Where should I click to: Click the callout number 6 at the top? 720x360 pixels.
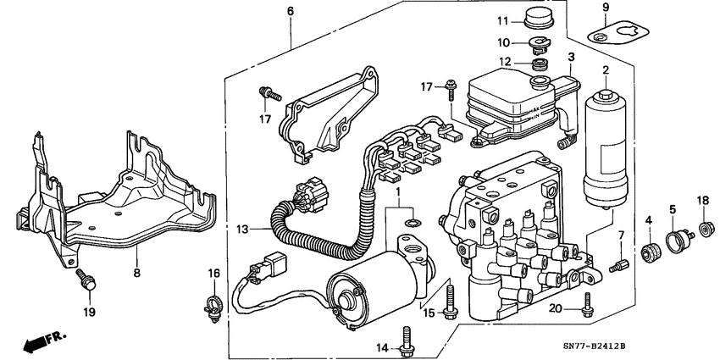pyautogui.click(x=291, y=11)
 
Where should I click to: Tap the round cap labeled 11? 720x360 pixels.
pyautogui.click(x=535, y=19)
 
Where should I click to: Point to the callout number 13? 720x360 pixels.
pyautogui.click(x=244, y=229)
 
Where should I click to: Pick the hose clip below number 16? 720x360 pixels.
pyautogui.click(x=213, y=303)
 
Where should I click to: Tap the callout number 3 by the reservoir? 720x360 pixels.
pyautogui.click(x=571, y=57)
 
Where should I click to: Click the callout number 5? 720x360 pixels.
pyautogui.click(x=673, y=208)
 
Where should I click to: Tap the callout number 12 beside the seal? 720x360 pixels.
pyautogui.click(x=506, y=61)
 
